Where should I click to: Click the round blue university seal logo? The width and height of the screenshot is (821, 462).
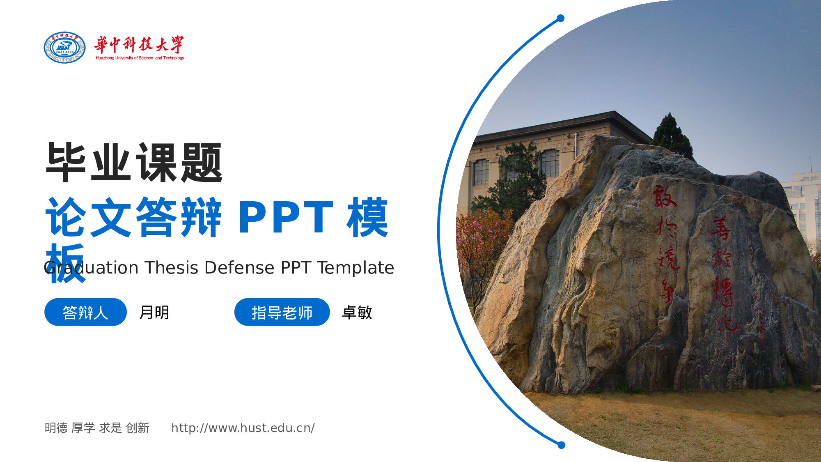[x=64, y=48]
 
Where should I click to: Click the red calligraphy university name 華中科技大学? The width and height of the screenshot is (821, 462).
[x=139, y=44]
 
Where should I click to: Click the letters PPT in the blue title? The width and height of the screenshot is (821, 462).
[x=286, y=218]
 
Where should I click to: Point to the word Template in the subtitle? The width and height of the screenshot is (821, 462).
[x=355, y=268]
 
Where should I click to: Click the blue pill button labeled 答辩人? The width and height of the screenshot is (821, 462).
[x=85, y=312]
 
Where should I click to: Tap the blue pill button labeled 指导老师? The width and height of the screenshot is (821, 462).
[x=282, y=312]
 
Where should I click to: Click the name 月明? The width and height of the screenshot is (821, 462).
[x=154, y=313]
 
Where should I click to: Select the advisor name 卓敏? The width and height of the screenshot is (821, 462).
[x=357, y=313]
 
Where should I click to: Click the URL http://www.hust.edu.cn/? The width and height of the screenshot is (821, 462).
[x=243, y=428]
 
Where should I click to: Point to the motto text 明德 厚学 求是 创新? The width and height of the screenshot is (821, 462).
[x=97, y=428]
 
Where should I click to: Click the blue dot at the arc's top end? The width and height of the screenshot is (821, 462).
[x=561, y=18]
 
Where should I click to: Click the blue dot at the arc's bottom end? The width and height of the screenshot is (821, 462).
[x=562, y=445]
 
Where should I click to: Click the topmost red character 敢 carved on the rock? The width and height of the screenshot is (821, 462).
[x=664, y=196]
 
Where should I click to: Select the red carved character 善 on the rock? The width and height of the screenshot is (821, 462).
[x=721, y=228]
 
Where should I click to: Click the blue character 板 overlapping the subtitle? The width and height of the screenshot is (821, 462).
[x=66, y=263]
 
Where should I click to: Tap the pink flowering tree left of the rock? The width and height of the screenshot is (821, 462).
[x=480, y=242]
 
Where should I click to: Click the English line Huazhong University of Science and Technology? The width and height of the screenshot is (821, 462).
[x=140, y=58]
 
